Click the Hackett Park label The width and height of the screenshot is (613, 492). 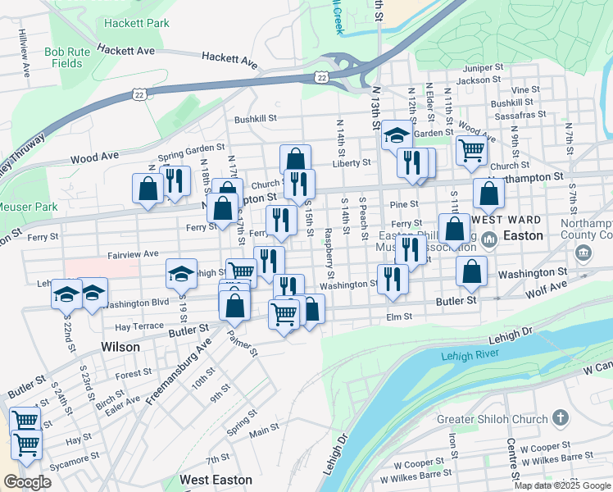137,24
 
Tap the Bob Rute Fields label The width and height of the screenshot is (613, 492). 63,57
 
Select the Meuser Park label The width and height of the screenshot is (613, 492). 29,207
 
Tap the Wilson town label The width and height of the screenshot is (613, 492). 120,347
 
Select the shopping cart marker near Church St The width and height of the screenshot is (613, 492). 471,150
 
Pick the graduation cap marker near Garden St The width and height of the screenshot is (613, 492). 397,135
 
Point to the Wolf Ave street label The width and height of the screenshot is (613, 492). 547,289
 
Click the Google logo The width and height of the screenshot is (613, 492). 27,482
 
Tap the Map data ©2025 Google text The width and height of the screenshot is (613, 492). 562,485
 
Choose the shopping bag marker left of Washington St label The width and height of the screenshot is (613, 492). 472,273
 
